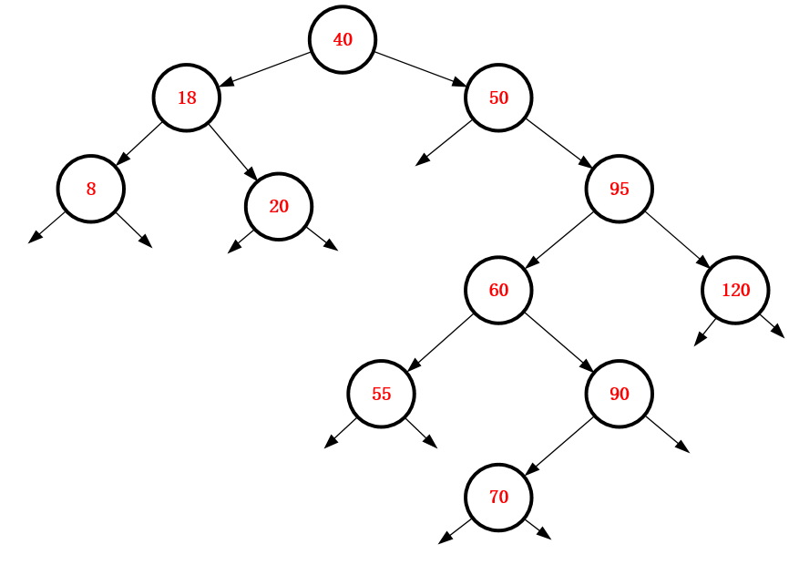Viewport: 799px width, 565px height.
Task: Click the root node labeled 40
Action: (343, 40)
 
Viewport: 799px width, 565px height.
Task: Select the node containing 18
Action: (187, 98)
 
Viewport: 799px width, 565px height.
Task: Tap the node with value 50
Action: (498, 98)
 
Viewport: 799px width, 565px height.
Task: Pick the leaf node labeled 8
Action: (91, 190)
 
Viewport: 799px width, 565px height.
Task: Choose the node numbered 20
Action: (279, 206)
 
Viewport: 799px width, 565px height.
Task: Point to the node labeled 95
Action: (620, 190)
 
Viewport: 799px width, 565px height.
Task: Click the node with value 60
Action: (498, 291)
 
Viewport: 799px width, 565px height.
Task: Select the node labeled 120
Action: (735, 291)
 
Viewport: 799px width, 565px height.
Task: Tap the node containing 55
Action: (381, 394)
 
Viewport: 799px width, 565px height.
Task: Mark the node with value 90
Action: (620, 394)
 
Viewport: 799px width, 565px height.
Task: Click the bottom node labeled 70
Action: (498, 497)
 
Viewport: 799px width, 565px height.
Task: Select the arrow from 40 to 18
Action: (265, 69)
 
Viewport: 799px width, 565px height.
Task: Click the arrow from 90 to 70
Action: (559, 446)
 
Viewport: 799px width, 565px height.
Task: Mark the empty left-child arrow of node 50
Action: (444, 142)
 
